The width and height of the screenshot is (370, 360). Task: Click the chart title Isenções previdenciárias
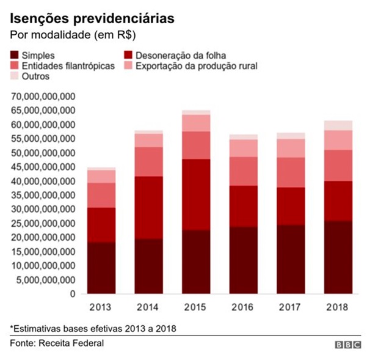pos(92,19)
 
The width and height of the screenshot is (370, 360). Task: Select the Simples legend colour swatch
pos(14,55)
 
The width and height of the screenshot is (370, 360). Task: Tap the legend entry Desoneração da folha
pos(175,55)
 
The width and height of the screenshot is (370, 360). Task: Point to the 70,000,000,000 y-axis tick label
pos(43,97)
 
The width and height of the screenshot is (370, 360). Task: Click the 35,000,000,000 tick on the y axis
pos(43,196)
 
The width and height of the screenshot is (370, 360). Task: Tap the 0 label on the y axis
pos(73,294)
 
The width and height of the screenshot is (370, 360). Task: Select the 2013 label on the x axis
pos(100,307)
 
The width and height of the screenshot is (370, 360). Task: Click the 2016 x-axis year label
pos(242,307)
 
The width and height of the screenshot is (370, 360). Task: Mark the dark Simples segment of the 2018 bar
pos(338,257)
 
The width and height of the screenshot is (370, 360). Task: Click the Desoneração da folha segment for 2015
pos(196,194)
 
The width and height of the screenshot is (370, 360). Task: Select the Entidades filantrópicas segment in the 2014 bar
pos(148,162)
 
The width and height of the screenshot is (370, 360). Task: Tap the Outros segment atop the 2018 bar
pos(338,125)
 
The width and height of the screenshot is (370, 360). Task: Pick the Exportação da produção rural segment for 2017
pos(291,149)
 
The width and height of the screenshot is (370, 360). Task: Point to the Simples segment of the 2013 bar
pos(101,268)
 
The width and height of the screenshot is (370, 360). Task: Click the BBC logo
pos(348,345)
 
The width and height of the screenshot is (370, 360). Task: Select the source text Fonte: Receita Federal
pos(57,343)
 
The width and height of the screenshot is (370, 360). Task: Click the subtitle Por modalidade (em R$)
pos(73,35)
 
